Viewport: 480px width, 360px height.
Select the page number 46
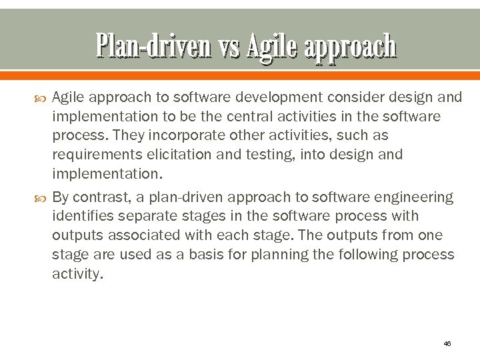447,343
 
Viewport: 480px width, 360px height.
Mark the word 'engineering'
415,197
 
